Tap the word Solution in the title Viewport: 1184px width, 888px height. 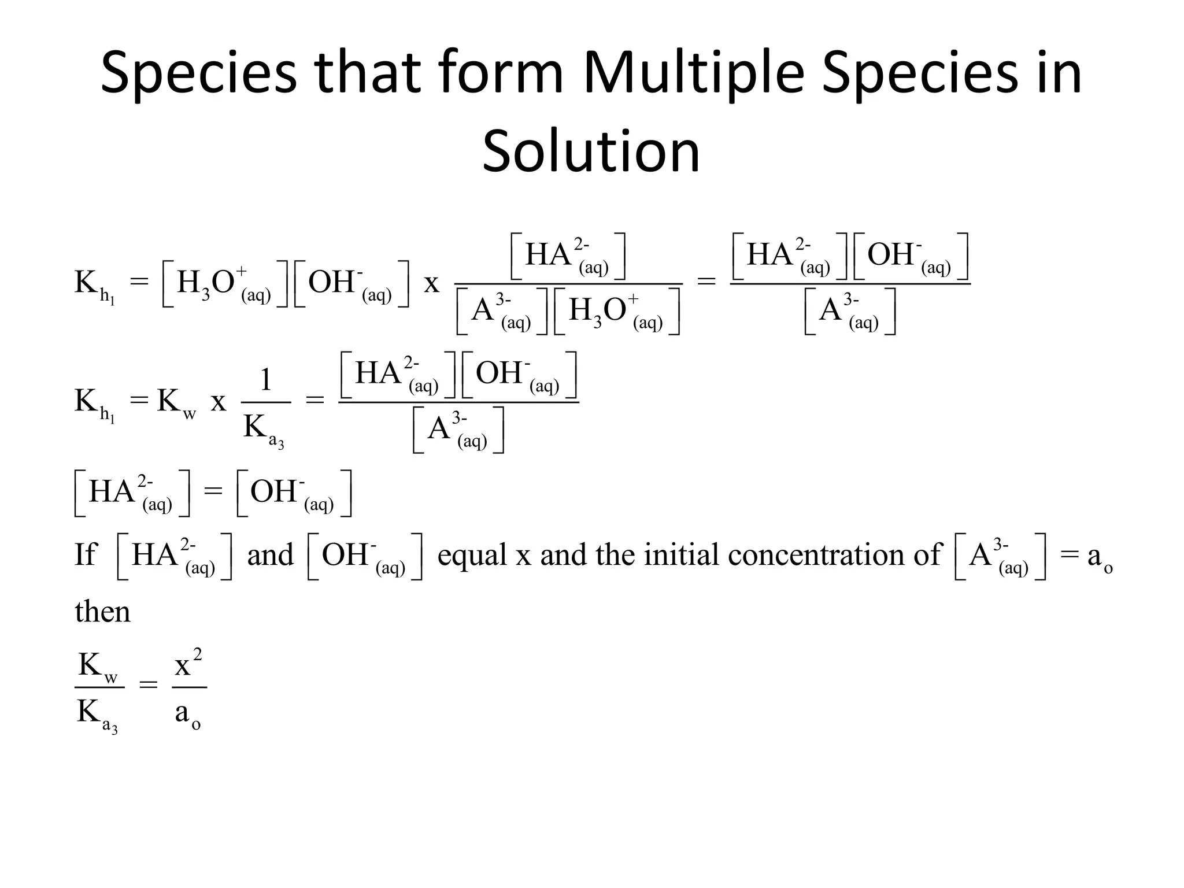click(591, 151)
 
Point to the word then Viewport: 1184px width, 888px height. click(102, 612)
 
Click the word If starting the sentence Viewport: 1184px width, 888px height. click(86, 554)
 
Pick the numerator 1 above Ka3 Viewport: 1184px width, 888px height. click(266, 380)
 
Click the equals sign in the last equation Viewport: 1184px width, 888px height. click(149, 686)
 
